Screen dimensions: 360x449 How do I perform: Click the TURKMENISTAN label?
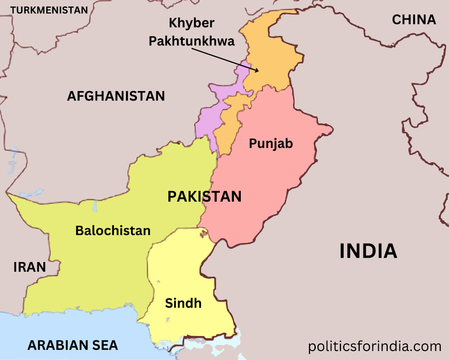49,10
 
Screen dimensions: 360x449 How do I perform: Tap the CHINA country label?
414,19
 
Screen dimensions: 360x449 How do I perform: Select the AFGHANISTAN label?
116,96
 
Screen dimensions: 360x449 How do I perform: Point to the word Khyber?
192,23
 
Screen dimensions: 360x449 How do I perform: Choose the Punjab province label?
271,143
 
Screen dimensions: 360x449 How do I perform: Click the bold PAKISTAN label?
204,196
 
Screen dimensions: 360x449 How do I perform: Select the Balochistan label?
113,230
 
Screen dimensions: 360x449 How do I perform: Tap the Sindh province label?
183,303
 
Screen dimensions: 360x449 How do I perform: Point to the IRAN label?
30,267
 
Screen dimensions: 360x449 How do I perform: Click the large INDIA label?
368,251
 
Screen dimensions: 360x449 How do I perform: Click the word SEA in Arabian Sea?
105,345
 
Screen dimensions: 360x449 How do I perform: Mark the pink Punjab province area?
266,180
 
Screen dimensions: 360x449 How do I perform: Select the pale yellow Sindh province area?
180,274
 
